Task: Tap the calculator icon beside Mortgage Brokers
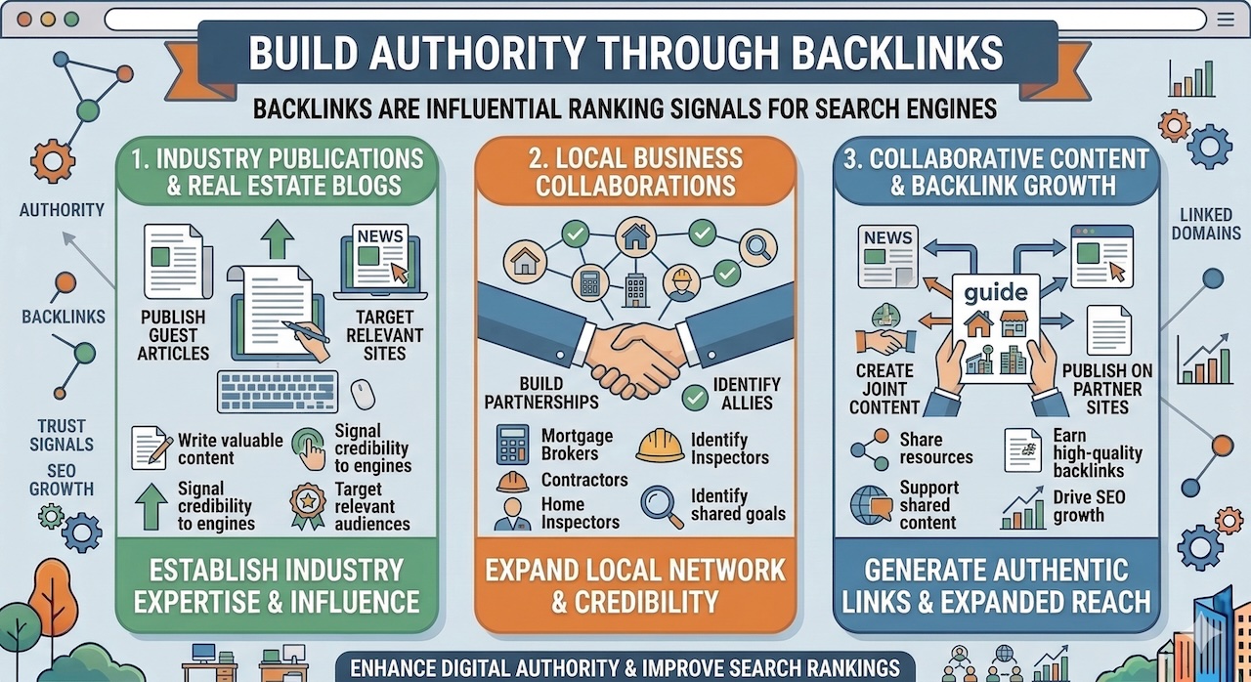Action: point(512,444)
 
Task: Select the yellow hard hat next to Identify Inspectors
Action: point(660,446)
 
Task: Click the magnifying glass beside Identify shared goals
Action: point(661,504)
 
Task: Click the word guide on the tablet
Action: point(995,292)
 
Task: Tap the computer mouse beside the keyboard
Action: point(363,393)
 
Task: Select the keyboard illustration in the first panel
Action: point(279,391)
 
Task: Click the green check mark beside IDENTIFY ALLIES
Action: point(695,396)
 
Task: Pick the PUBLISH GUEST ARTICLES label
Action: point(172,334)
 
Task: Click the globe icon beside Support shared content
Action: point(871,505)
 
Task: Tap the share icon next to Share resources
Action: point(869,448)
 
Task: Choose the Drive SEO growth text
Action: point(1089,506)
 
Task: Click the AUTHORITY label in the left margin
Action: point(62,209)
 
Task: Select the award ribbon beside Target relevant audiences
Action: point(308,505)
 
